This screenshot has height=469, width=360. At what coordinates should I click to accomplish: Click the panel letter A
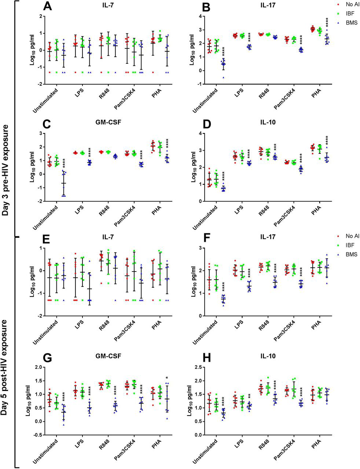(x=48, y=6)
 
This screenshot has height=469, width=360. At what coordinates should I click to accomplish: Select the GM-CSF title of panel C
(x=108, y=122)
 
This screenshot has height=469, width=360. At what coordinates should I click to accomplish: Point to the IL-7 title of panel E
(x=108, y=237)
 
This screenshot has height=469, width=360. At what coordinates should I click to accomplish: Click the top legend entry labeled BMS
(x=351, y=23)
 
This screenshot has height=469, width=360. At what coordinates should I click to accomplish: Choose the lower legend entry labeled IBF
(x=350, y=245)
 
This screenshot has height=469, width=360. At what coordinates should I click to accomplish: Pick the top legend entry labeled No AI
(x=352, y=4)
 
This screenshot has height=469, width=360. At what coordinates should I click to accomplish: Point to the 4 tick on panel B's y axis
(x=200, y=16)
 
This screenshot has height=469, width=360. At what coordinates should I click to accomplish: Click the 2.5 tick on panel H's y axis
(x=197, y=367)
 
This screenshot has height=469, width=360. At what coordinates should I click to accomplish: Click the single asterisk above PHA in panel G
(x=167, y=378)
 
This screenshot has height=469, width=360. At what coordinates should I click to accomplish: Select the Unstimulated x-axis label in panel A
(x=45, y=100)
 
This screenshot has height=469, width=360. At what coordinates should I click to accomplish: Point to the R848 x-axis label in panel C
(x=104, y=211)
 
